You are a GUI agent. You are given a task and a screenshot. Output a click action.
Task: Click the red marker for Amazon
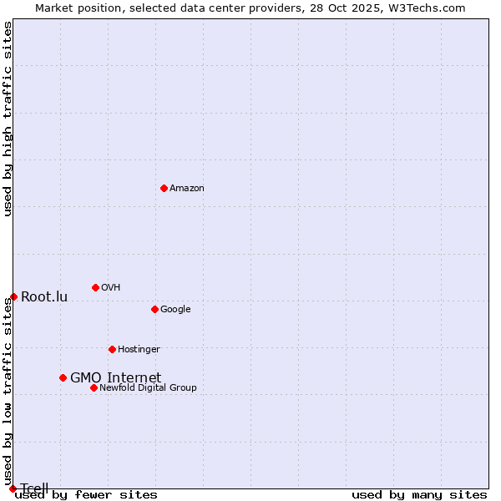point(164,188)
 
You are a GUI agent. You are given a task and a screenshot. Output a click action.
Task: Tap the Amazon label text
point(187,189)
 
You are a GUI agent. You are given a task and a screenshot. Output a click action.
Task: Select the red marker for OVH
point(95,287)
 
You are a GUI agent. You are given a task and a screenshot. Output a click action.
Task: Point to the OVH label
point(111,288)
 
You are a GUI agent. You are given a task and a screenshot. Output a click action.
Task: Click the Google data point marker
point(154,309)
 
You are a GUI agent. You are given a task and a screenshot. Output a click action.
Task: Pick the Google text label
point(175,310)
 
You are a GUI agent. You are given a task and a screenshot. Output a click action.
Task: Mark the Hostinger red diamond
point(112,349)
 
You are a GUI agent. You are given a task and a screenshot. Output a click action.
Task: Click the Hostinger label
point(139,350)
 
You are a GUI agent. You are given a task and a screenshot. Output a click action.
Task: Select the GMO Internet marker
point(63,377)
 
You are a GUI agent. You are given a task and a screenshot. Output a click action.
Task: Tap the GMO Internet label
point(115,378)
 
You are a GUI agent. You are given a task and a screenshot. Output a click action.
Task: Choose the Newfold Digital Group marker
point(94,387)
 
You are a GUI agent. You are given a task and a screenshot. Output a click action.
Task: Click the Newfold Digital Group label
point(148,388)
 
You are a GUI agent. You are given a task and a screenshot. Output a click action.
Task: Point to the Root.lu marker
point(13,296)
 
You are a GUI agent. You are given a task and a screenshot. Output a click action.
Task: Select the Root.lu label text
point(44,297)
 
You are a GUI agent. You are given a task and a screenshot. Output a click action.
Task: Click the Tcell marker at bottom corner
point(13,488)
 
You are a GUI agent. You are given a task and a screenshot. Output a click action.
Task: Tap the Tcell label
point(35,488)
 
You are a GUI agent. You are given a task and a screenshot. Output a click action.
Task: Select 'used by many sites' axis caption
point(419,495)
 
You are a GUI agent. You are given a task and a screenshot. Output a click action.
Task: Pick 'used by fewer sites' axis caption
point(87,495)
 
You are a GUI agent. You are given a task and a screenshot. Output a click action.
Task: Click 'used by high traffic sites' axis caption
point(8,119)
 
